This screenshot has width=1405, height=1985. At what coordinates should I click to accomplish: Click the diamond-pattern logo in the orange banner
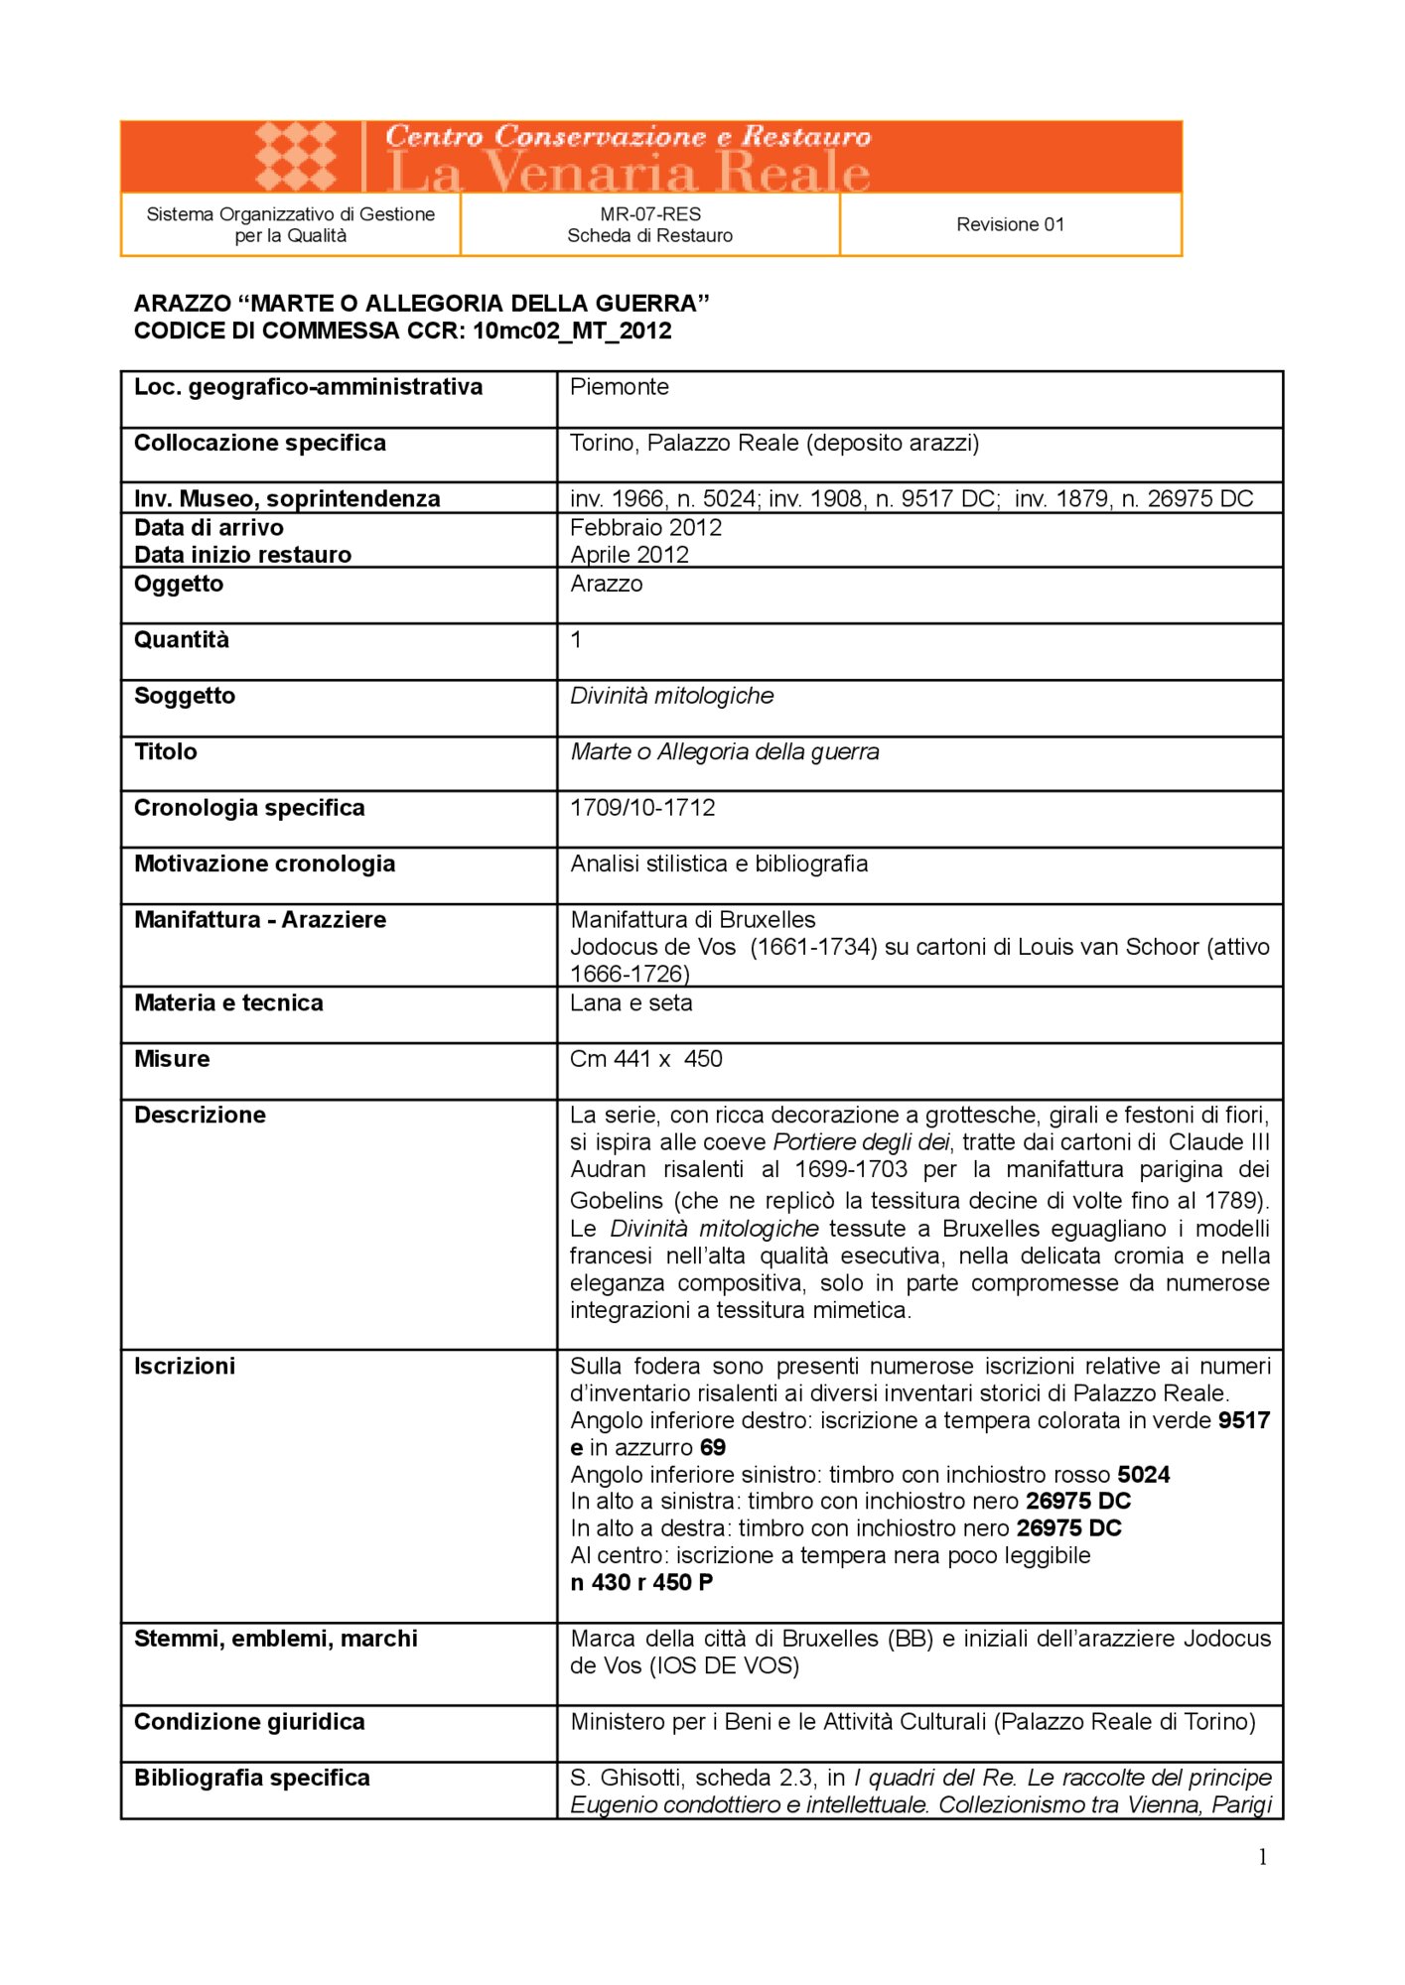click(x=295, y=157)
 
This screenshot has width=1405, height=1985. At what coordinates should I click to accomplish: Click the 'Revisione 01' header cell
click(x=1010, y=224)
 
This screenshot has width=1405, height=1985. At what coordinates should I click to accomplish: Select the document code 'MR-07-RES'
click(x=649, y=213)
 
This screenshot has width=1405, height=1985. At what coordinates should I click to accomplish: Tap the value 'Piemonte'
click(x=619, y=387)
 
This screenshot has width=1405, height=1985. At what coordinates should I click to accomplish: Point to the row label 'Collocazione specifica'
click(x=259, y=443)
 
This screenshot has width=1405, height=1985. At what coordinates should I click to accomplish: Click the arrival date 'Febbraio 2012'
click(x=645, y=528)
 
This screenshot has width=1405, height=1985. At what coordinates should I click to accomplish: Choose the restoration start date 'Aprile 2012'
click(x=629, y=555)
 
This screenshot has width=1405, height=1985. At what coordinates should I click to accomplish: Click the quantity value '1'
click(x=576, y=640)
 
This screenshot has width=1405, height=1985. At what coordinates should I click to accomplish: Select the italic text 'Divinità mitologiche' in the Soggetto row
click(x=671, y=696)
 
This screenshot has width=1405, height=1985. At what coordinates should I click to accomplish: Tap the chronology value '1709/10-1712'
click(x=641, y=808)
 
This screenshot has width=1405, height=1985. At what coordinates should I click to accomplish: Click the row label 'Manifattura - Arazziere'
click(x=259, y=920)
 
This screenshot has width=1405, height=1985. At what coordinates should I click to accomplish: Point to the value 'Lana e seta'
click(x=631, y=1003)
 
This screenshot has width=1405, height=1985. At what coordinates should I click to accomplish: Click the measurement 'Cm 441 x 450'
click(x=645, y=1059)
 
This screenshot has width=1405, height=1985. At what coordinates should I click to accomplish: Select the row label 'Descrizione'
click(x=200, y=1116)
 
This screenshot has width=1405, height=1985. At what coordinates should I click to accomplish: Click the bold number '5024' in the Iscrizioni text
click(x=1143, y=1475)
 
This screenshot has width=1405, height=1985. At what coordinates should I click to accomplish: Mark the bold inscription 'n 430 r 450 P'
click(x=640, y=1583)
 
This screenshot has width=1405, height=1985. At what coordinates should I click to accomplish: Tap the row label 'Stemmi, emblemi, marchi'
click(x=275, y=1639)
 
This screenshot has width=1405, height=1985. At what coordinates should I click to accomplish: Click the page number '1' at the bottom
click(x=1262, y=1858)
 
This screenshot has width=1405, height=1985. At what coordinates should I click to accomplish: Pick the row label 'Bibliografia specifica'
click(x=251, y=1778)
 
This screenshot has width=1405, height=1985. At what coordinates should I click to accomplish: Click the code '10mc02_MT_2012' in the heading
click(x=572, y=331)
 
